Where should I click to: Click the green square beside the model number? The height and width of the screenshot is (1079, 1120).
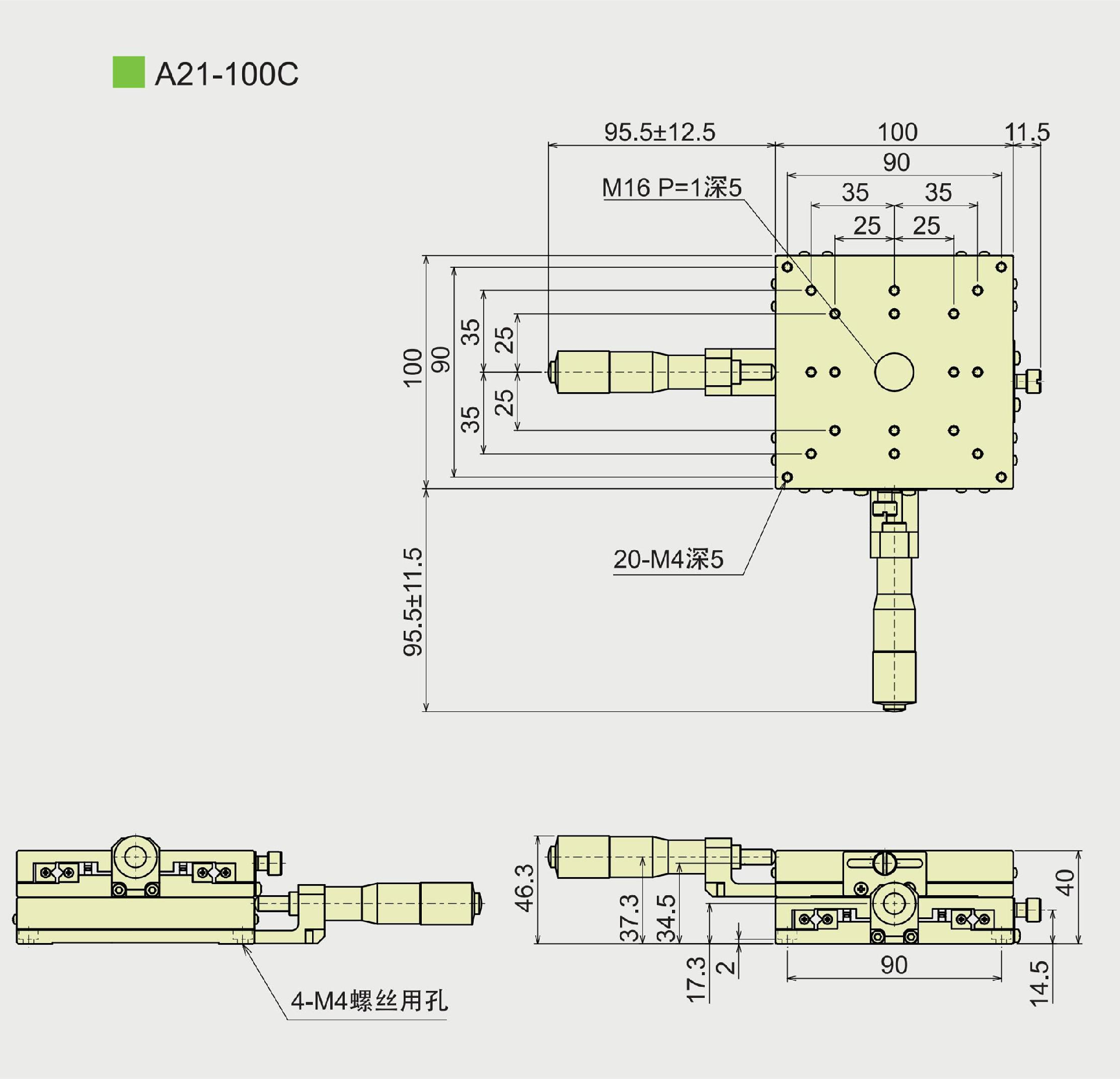(128, 72)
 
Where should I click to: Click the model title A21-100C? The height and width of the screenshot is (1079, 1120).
(226, 74)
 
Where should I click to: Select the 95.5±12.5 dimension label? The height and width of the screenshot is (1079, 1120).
(659, 132)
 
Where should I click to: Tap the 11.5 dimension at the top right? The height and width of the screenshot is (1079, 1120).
(1027, 132)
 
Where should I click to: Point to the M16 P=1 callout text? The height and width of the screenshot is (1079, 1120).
(671, 188)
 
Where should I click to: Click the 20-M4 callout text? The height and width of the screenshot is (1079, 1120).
(668, 559)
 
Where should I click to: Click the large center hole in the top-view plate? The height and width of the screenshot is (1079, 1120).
(894, 372)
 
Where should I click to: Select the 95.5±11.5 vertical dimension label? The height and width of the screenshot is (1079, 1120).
(412, 602)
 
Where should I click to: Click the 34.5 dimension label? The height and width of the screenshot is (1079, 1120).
(666, 918)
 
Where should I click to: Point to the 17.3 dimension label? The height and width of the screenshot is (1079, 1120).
(696, 980)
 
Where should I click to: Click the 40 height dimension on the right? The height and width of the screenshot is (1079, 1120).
(1065, 882)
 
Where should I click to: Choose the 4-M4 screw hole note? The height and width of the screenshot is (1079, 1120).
(369, 1001)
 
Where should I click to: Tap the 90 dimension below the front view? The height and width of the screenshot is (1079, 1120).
(894, 966)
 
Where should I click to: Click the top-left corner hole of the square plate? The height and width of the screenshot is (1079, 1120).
(787, 267)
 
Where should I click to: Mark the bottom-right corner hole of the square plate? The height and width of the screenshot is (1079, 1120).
(1001, 477)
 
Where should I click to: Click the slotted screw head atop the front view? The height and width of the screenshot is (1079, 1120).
(884, 862)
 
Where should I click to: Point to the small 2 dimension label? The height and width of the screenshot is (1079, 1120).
(725, 968)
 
